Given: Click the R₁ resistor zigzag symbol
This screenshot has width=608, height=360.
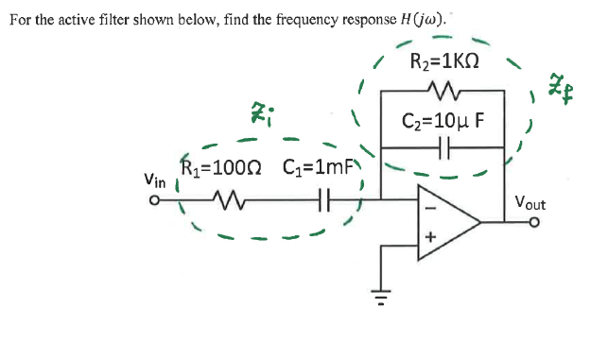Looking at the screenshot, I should coord(229,199).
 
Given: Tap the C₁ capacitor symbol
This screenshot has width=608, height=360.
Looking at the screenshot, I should coord(322,199).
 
